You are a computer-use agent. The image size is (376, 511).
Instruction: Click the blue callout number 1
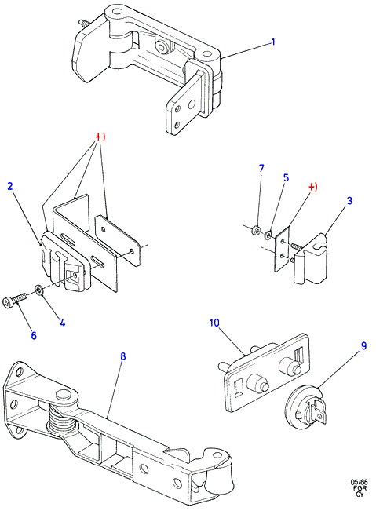pyautogui.click(x=273, y=42)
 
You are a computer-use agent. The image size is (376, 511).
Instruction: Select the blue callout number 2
pyautogui.click(x=10, y=186)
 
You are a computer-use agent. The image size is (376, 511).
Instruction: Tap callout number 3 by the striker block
pyautogui.click(x=349, y=200)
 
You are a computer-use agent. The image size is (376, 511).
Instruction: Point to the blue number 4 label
pyautogui.click(x=62, y=323)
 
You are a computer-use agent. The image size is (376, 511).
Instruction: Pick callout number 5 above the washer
pyautogui.click(x=286, y=177)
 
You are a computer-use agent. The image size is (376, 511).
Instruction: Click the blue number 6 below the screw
pyautogui.click(x=34, y=335)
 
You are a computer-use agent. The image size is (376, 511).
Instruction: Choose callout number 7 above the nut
pyautogui.click(x=261, y=168)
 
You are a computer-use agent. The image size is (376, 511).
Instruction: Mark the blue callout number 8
pyautogui.click(x=122, y=356)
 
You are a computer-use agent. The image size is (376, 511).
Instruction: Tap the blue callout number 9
pyautogui.click(x=363, y=345)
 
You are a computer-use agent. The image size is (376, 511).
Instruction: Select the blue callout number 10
pyautogui.click(x=214, y=323)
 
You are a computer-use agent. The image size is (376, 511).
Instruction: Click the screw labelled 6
pyautogui.click(x=15, y=299)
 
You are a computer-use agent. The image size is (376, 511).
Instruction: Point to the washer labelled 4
pyautogui.click(x=38, y=289)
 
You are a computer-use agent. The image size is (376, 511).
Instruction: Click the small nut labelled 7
pyautogui.click(x=257, y=231)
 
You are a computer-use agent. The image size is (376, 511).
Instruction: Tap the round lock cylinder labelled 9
pyautogui.click(x=305, y=407)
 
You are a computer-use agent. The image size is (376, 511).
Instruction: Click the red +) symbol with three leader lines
pyautogui.click(x=100, y=137)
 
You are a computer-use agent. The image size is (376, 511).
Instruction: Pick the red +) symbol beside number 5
pyautogui.click(x=312, y=187)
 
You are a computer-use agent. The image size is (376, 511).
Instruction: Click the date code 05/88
pyautogui.click(x=359, y=482)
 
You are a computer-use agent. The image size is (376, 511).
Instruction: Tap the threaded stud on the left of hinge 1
pyautogui.click(x=83, y=24)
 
